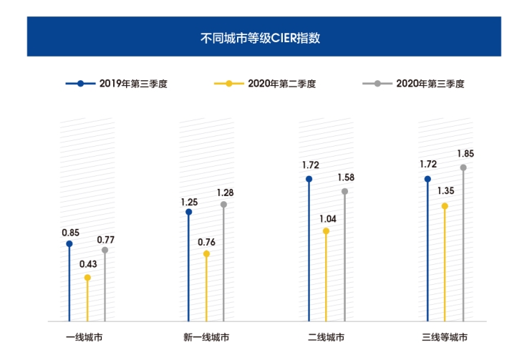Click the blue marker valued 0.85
click(x=69, y=244)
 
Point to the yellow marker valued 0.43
click(x=87, y=278)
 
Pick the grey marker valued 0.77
click(x=105, y=250)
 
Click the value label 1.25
click(x=189, y=202)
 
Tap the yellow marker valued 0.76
click(x=206, y=254)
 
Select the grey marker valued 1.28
click(x=224, y=205)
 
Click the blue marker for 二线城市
click(x=309, y=179)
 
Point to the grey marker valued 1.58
click(x=344, y=191)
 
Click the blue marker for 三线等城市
click(x=427, y=179)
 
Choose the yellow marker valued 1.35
click(x=445, y=206)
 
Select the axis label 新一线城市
click(x=206, y=337)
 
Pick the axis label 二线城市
click(x=327, y=337)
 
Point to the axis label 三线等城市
click(x=445, y=337)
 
